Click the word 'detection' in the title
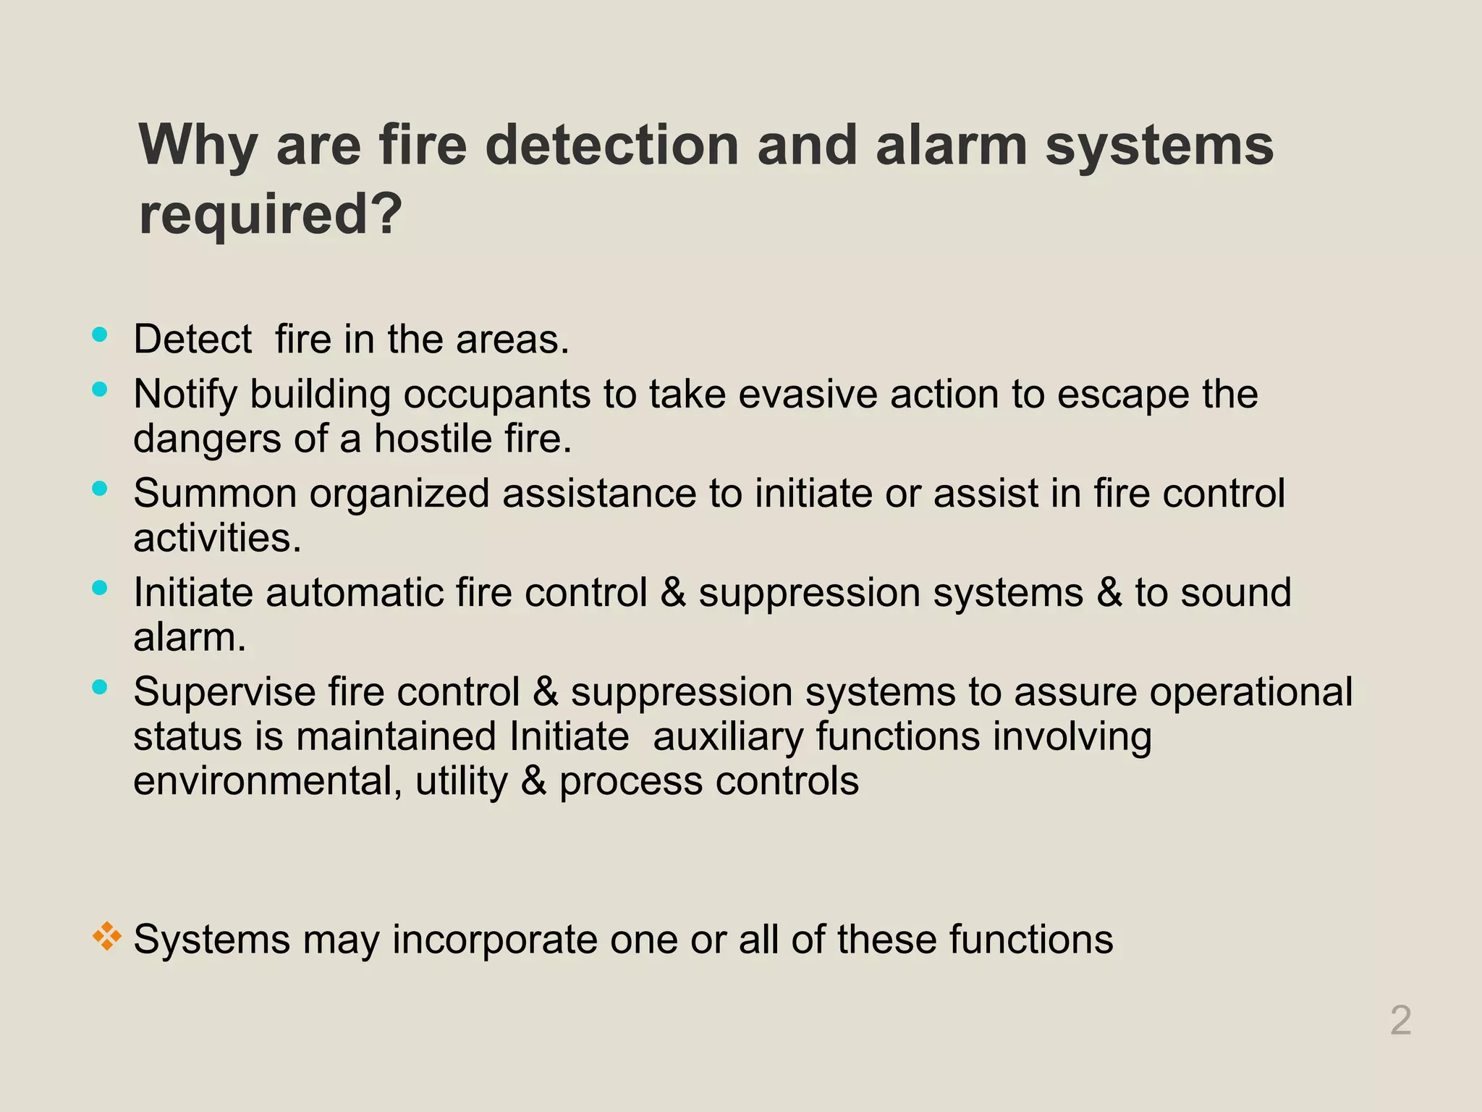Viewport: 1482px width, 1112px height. point(611,146)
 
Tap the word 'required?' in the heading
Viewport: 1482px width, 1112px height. point(270,215)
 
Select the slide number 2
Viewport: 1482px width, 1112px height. point(1401,1021)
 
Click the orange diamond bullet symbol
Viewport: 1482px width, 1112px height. point(106,936)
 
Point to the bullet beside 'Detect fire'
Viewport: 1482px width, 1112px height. point(100,334)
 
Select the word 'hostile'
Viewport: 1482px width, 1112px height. point(423,439)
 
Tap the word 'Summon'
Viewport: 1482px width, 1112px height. point(215,494)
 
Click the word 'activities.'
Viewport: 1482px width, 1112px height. point(217,538)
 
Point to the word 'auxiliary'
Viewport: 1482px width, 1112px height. point(728,737)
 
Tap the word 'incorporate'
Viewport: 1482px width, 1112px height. point(495,940)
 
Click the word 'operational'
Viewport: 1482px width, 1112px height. point(1250,692)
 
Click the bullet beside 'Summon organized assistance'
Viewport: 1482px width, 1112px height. point(100,489)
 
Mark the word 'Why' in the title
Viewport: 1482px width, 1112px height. point(198,146)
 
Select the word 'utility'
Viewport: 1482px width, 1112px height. point(462,782)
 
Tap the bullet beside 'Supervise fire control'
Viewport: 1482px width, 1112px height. point(100,687)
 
